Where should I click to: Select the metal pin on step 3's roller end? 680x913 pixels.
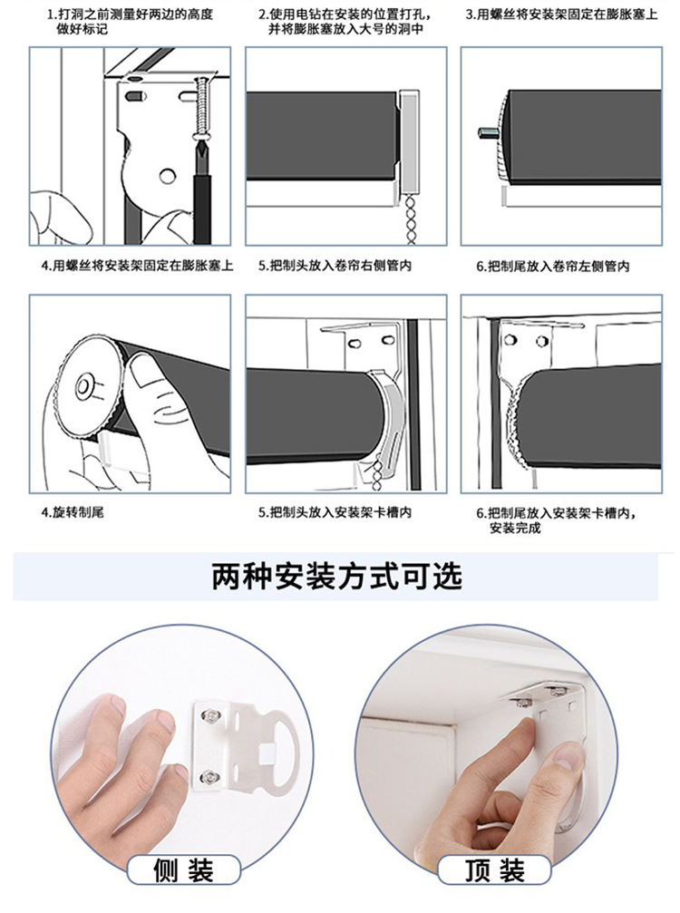(x=485, y=133)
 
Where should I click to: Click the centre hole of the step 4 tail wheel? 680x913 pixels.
(x=88, y=384)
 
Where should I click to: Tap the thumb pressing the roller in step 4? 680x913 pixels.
(x=145, y=372)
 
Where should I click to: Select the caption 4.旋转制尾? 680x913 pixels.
(x=73, y=512)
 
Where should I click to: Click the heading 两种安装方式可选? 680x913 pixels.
(x=337, y=576)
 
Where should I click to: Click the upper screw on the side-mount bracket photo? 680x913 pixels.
(x=209, y=718)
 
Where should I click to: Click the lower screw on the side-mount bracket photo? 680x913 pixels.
(x=208, y=776)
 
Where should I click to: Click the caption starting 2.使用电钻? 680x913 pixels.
(x=345, y=22)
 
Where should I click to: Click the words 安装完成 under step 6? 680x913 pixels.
(x=515, y=528)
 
